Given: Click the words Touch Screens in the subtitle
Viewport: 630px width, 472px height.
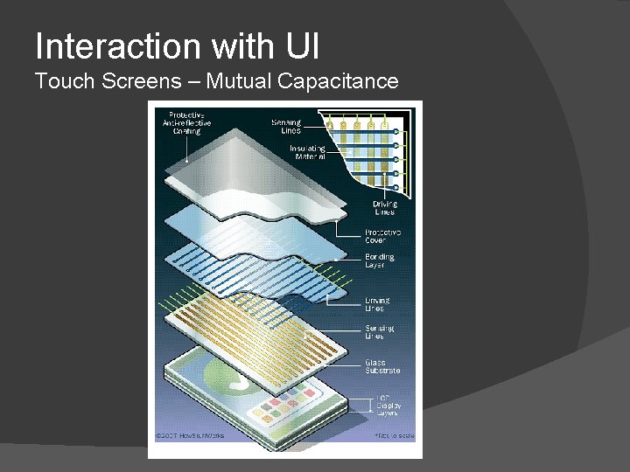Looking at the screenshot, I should [106, 82].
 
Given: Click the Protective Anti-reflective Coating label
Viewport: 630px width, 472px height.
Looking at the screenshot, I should [185, 123].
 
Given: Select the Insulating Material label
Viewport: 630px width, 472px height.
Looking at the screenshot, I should [307, 153].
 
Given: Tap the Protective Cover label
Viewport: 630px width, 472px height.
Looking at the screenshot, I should [382, 237].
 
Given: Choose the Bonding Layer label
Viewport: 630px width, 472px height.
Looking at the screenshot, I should [380, 260].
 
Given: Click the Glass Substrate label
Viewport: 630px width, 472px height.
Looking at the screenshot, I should [382, 366].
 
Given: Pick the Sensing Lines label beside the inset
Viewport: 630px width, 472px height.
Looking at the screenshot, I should [286, 126].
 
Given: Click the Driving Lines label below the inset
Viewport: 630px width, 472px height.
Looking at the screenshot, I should [384, 208].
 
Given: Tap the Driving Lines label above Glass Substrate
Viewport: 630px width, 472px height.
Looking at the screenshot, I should [378, 304].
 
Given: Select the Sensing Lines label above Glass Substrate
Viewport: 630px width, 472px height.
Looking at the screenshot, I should [380, 331].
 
